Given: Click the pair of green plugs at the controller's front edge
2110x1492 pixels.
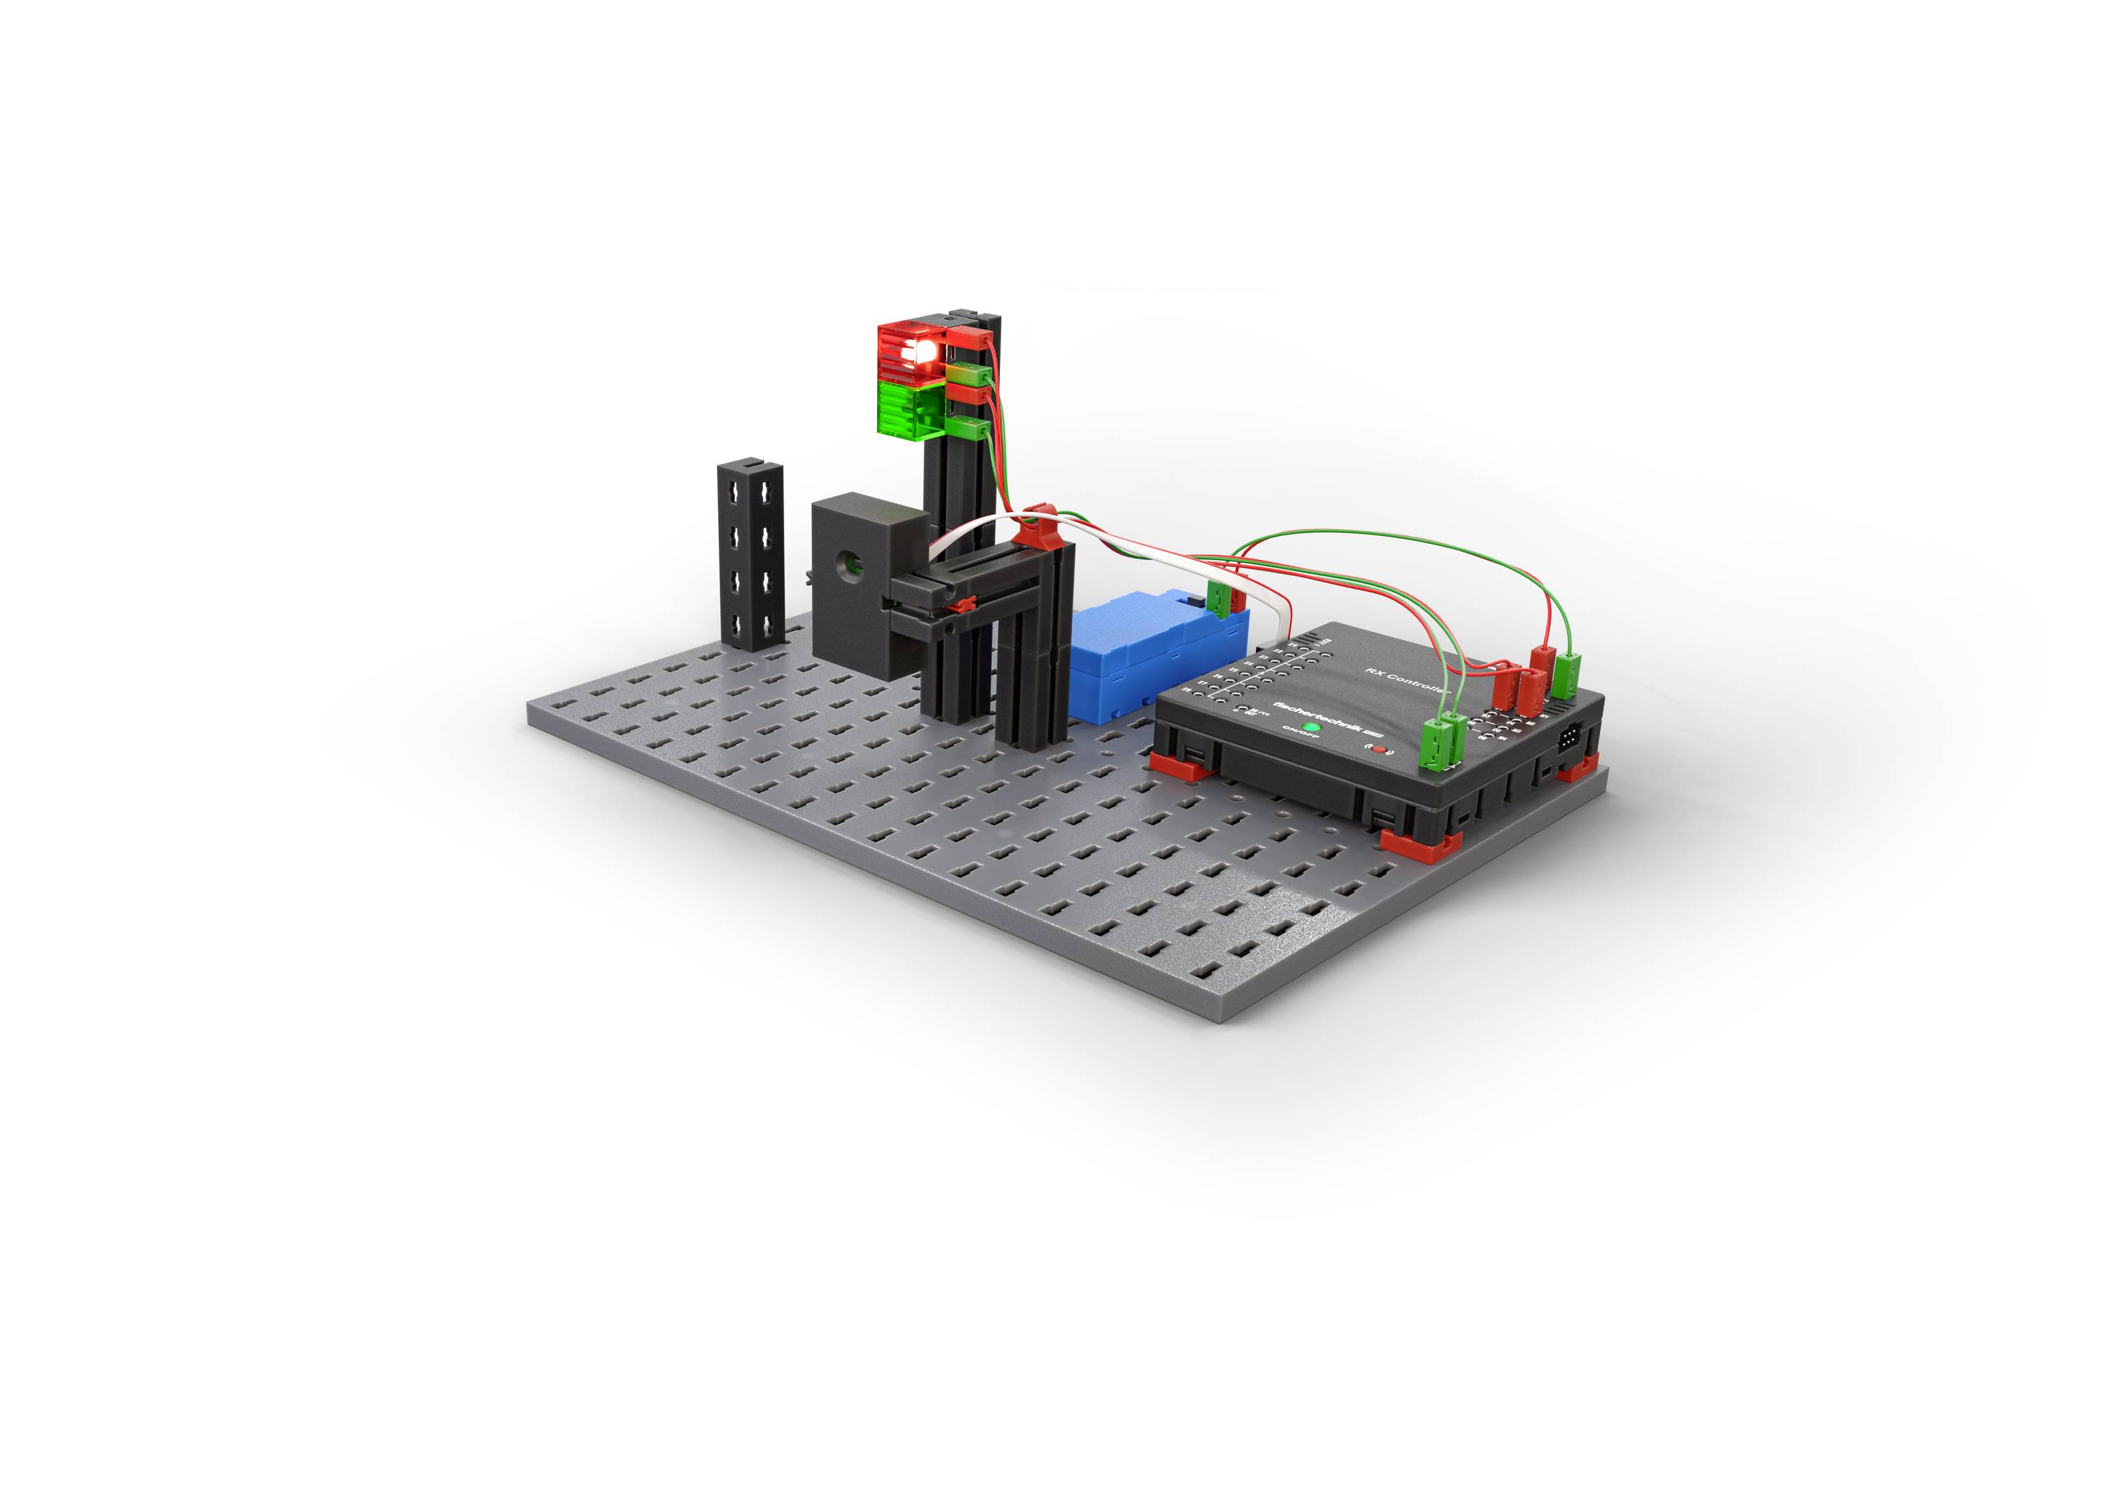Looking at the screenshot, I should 1439,739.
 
